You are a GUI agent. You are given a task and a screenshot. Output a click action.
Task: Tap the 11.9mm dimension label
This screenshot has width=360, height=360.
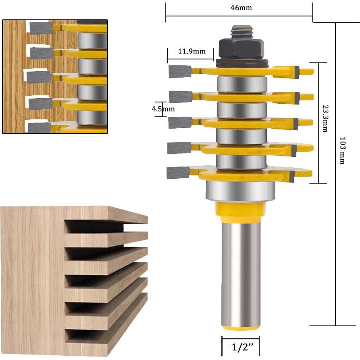[192, 52]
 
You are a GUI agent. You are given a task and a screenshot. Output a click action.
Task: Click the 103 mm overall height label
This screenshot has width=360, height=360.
[342, 150]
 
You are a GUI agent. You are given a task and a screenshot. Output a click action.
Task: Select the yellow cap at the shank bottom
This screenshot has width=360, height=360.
[240, 327]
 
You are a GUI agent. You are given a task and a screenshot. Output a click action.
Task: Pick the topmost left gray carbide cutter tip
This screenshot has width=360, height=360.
[180, 71]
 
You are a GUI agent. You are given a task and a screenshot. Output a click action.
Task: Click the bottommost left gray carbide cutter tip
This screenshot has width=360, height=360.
[177, 172]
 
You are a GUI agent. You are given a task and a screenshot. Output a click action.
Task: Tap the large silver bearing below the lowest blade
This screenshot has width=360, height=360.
[241, 191]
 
